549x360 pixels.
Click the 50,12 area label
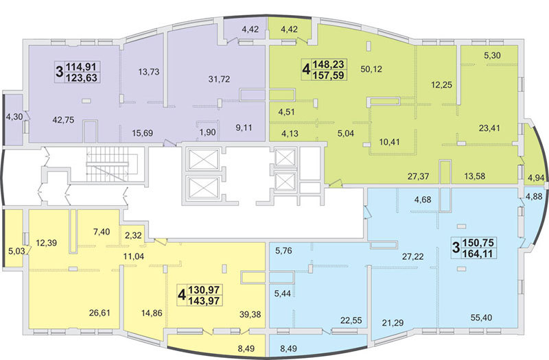tap(371, 69)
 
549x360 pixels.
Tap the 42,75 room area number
tap(63, 120)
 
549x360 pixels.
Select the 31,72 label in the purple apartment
tap(219, 79)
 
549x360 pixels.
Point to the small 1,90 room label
tap(208, 133)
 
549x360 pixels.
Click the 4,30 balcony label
tap(14, 117)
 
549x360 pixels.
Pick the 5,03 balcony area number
tap(16, 251)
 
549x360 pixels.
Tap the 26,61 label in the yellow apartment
tap(100, 313)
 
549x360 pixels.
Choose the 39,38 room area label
tap(250, 315)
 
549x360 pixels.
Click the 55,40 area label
tap(481, 317)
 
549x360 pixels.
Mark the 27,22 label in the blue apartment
tap(413, 256)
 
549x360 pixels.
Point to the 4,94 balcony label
tap(536, 178)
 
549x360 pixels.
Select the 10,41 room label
tap(390, 142)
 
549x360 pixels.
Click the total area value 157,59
tap(329, 75)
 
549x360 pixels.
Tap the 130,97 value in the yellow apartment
tap(204, 290)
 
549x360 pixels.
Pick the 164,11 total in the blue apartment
tap(478, 253)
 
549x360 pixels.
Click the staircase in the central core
tap(108, 164)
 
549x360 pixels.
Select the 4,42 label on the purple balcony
tap(250, 29)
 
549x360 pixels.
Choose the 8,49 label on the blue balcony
tap(289, 348)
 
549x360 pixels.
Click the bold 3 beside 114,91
tap(60, 72)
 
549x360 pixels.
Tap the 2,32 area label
tap(133, 235)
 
